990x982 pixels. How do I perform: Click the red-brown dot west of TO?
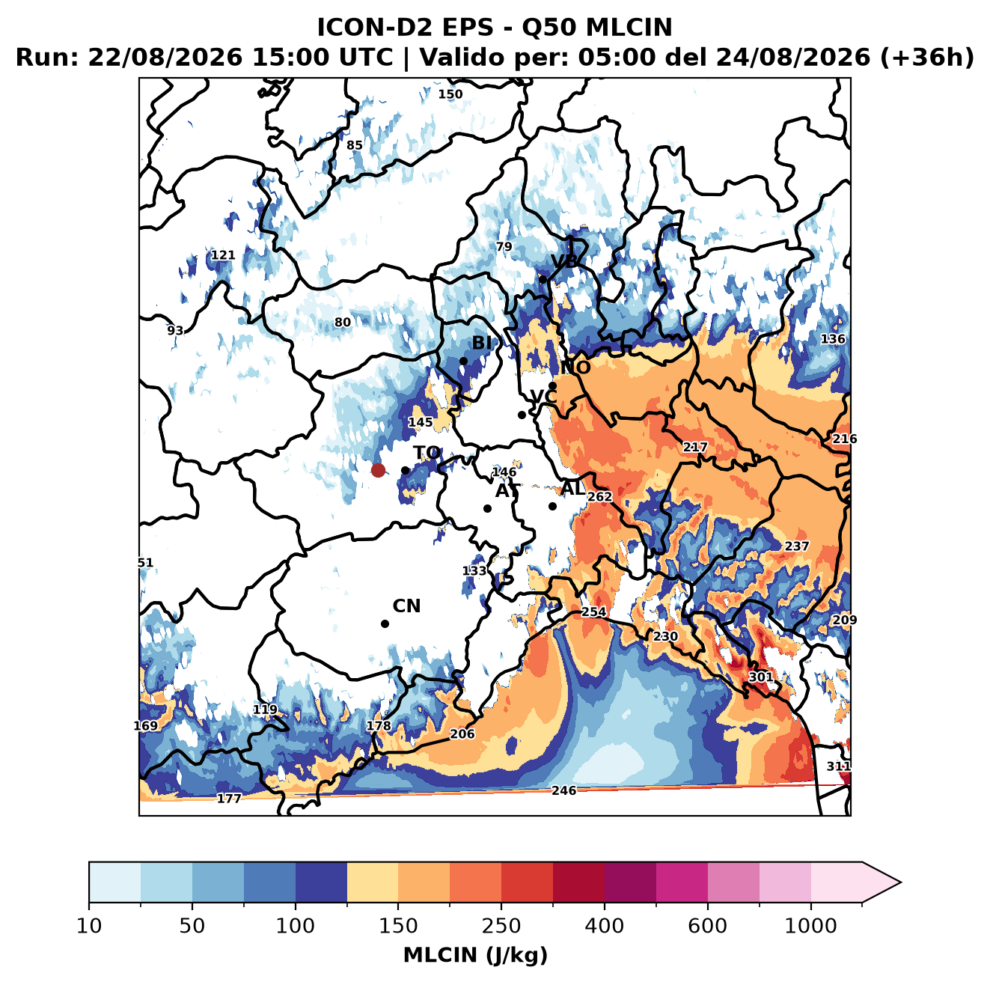[378, 470]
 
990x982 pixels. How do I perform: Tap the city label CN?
[406, 606]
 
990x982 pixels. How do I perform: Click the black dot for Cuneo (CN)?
[385, 623]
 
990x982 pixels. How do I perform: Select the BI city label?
[481, 343]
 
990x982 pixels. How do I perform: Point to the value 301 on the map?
[760, 677]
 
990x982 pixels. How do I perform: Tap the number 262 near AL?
[599, 496]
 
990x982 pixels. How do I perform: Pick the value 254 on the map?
[593, 612]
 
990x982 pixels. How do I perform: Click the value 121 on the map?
[223, 255]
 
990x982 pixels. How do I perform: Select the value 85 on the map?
[354, 145]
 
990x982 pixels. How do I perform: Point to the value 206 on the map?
[462, 734]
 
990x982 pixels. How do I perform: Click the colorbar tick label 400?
[604, 926]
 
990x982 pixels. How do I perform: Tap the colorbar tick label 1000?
[810, 926]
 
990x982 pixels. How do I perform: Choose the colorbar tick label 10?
[89, 926]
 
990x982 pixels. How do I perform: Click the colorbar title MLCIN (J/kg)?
[475, 955]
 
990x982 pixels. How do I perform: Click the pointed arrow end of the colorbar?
[900, 882]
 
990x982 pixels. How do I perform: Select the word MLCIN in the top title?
[629, 27]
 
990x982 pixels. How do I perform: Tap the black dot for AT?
[487, 508]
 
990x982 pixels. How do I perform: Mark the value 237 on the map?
[796, 546]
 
